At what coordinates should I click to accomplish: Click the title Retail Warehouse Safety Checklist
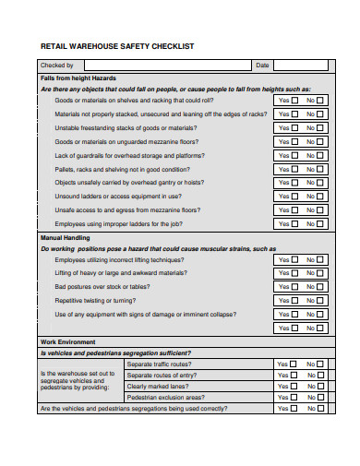coord(117,45)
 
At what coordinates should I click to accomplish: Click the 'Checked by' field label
coord(57,66)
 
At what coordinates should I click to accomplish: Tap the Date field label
coord(262,66)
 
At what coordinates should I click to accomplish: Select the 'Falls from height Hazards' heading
coord(79,78)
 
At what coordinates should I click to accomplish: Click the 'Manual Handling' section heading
coord(64,237)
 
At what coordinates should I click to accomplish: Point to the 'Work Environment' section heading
coord(68,341)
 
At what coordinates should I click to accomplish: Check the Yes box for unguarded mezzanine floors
coord(295,142)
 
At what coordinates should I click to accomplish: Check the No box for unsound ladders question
coord(320,197)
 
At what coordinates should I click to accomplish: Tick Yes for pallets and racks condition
coord(295,170)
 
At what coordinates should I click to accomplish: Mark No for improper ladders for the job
coord(320,225)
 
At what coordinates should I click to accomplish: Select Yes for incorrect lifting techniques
coord(295,260)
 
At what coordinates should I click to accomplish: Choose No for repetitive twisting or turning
coord(320,301)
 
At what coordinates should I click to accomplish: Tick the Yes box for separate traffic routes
coord(294,364)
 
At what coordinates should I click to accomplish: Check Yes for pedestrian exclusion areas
coord(294,397)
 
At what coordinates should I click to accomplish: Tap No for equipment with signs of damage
coord(320,315)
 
